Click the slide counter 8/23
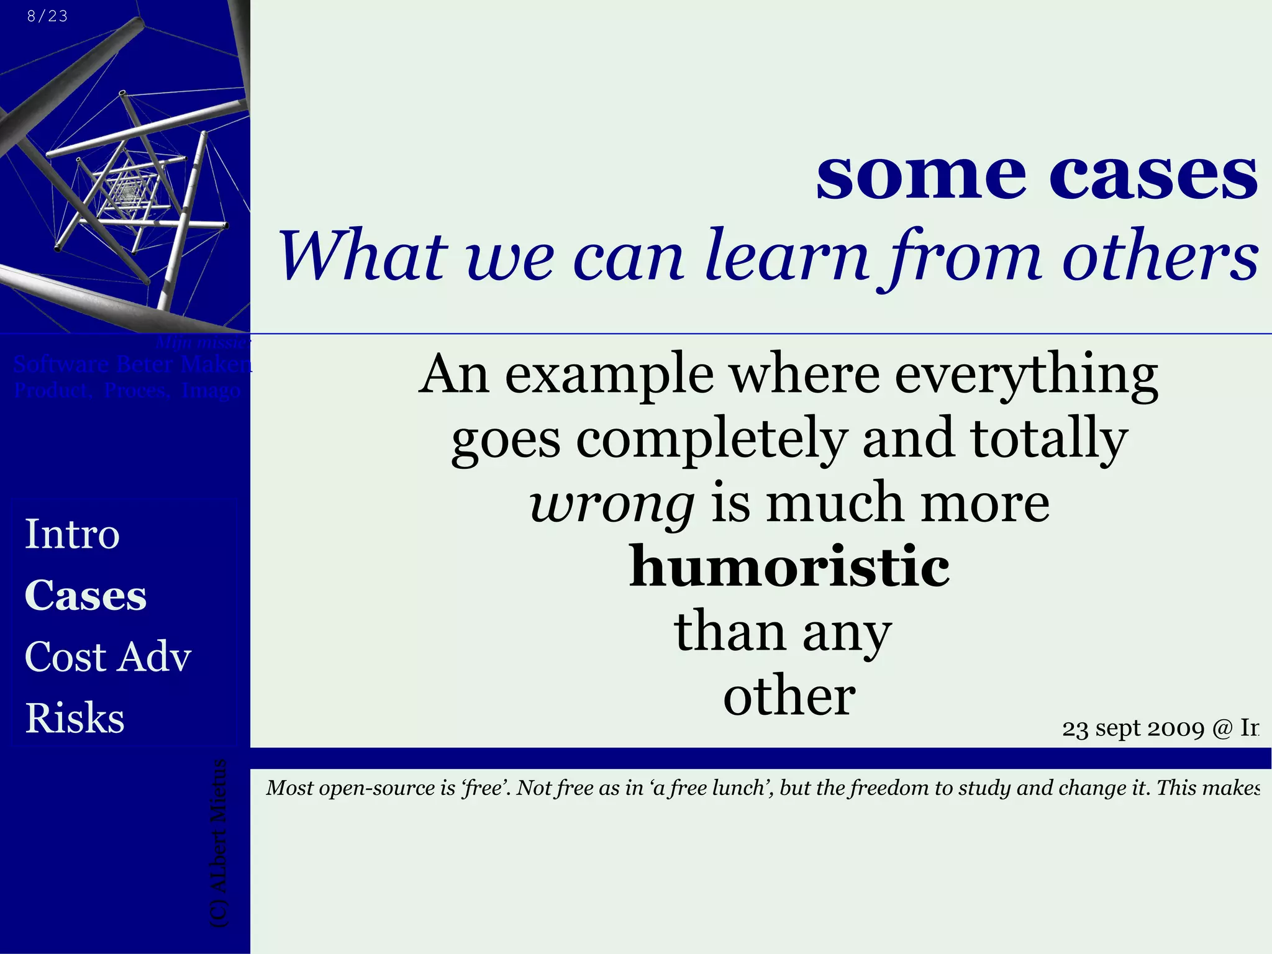coord(47,16)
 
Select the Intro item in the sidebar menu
coord(72,534)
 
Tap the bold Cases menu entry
coord(86,595)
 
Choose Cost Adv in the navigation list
coord(108,656)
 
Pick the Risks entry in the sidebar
coord(75,718)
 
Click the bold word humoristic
coord(789,567)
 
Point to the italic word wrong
coord(612,504)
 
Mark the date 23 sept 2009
coord(1133,729)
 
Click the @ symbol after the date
coord(1221,729)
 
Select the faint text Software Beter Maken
coord(132,364)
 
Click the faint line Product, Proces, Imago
coord(127,391)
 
